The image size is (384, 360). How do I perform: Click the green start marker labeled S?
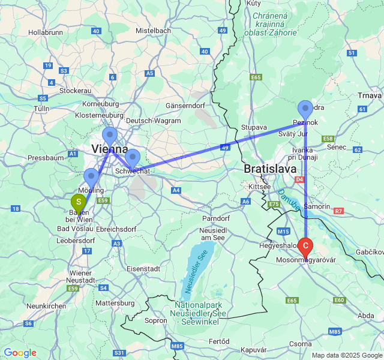point(79,202)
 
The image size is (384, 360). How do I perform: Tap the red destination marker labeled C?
point(306,245)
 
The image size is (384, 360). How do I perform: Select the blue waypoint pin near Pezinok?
point(305,109)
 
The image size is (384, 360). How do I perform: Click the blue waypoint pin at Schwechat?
point(133,158)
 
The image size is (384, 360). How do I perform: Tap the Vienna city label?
point(109,149)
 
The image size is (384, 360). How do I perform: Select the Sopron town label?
point(156,320)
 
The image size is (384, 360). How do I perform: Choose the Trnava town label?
point(368,95)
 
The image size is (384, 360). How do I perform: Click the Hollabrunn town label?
point(46,32)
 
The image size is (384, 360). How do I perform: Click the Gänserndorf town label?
point(185,106)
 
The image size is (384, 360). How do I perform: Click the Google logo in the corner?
point(20,353)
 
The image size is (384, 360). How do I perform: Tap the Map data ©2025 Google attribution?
point(346,355)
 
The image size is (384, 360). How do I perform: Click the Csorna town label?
point(300,344)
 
